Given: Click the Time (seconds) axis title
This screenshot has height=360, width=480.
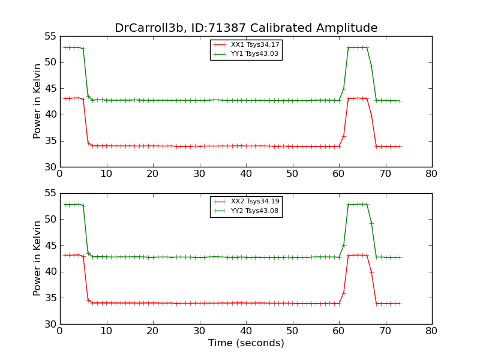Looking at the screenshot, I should coord(246,343).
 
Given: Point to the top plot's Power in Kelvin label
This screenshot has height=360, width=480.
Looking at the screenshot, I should coord(38,101).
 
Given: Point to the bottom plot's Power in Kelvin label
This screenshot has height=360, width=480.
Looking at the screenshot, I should coord(38,259).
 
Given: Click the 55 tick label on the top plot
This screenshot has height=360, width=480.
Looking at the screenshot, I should coord(50,37).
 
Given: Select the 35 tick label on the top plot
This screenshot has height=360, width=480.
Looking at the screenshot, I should coord(50,141).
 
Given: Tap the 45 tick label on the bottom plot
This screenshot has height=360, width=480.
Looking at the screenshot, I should coord(50,246).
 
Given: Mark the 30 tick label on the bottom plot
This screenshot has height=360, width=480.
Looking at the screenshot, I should coord(50,325).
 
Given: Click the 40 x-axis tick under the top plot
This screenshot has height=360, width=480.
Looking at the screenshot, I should coord(246,174).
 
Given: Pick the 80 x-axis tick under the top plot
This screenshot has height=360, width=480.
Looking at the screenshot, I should coord(431,174).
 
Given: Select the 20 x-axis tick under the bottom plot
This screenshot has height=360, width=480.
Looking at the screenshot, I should coord(153,331).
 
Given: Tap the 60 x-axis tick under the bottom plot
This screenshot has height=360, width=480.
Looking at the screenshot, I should coord(339,331).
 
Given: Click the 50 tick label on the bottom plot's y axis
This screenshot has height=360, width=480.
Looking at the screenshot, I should coord(50,220).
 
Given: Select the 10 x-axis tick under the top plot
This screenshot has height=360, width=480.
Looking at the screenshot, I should coord(106,174).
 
